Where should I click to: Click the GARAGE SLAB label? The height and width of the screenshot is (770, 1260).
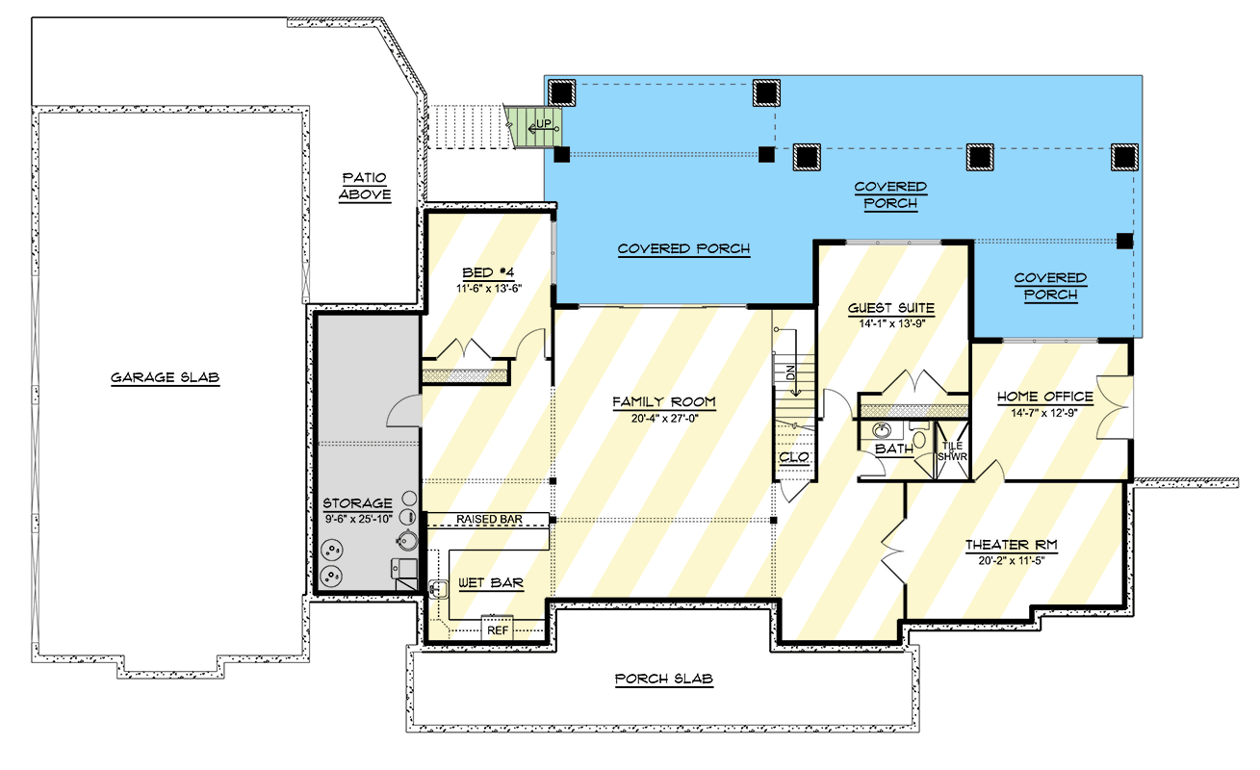point(165,378)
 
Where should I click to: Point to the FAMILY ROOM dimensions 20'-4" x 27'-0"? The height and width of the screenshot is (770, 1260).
point(664,419)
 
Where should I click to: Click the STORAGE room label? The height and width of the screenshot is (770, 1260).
point(357,503)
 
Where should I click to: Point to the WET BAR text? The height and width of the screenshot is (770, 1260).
point(491,583)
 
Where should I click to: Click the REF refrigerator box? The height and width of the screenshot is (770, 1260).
point(498,630)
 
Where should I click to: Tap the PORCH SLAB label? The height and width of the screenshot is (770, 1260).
point(664,680)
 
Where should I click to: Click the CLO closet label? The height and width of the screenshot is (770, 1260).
point(794,457)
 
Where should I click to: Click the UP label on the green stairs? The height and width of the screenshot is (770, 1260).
point(544,125)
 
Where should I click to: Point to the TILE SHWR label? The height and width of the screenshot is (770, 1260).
point(951,451)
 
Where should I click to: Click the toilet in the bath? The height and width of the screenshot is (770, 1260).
point(919,439)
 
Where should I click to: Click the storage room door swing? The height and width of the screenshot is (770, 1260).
point(401,412)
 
